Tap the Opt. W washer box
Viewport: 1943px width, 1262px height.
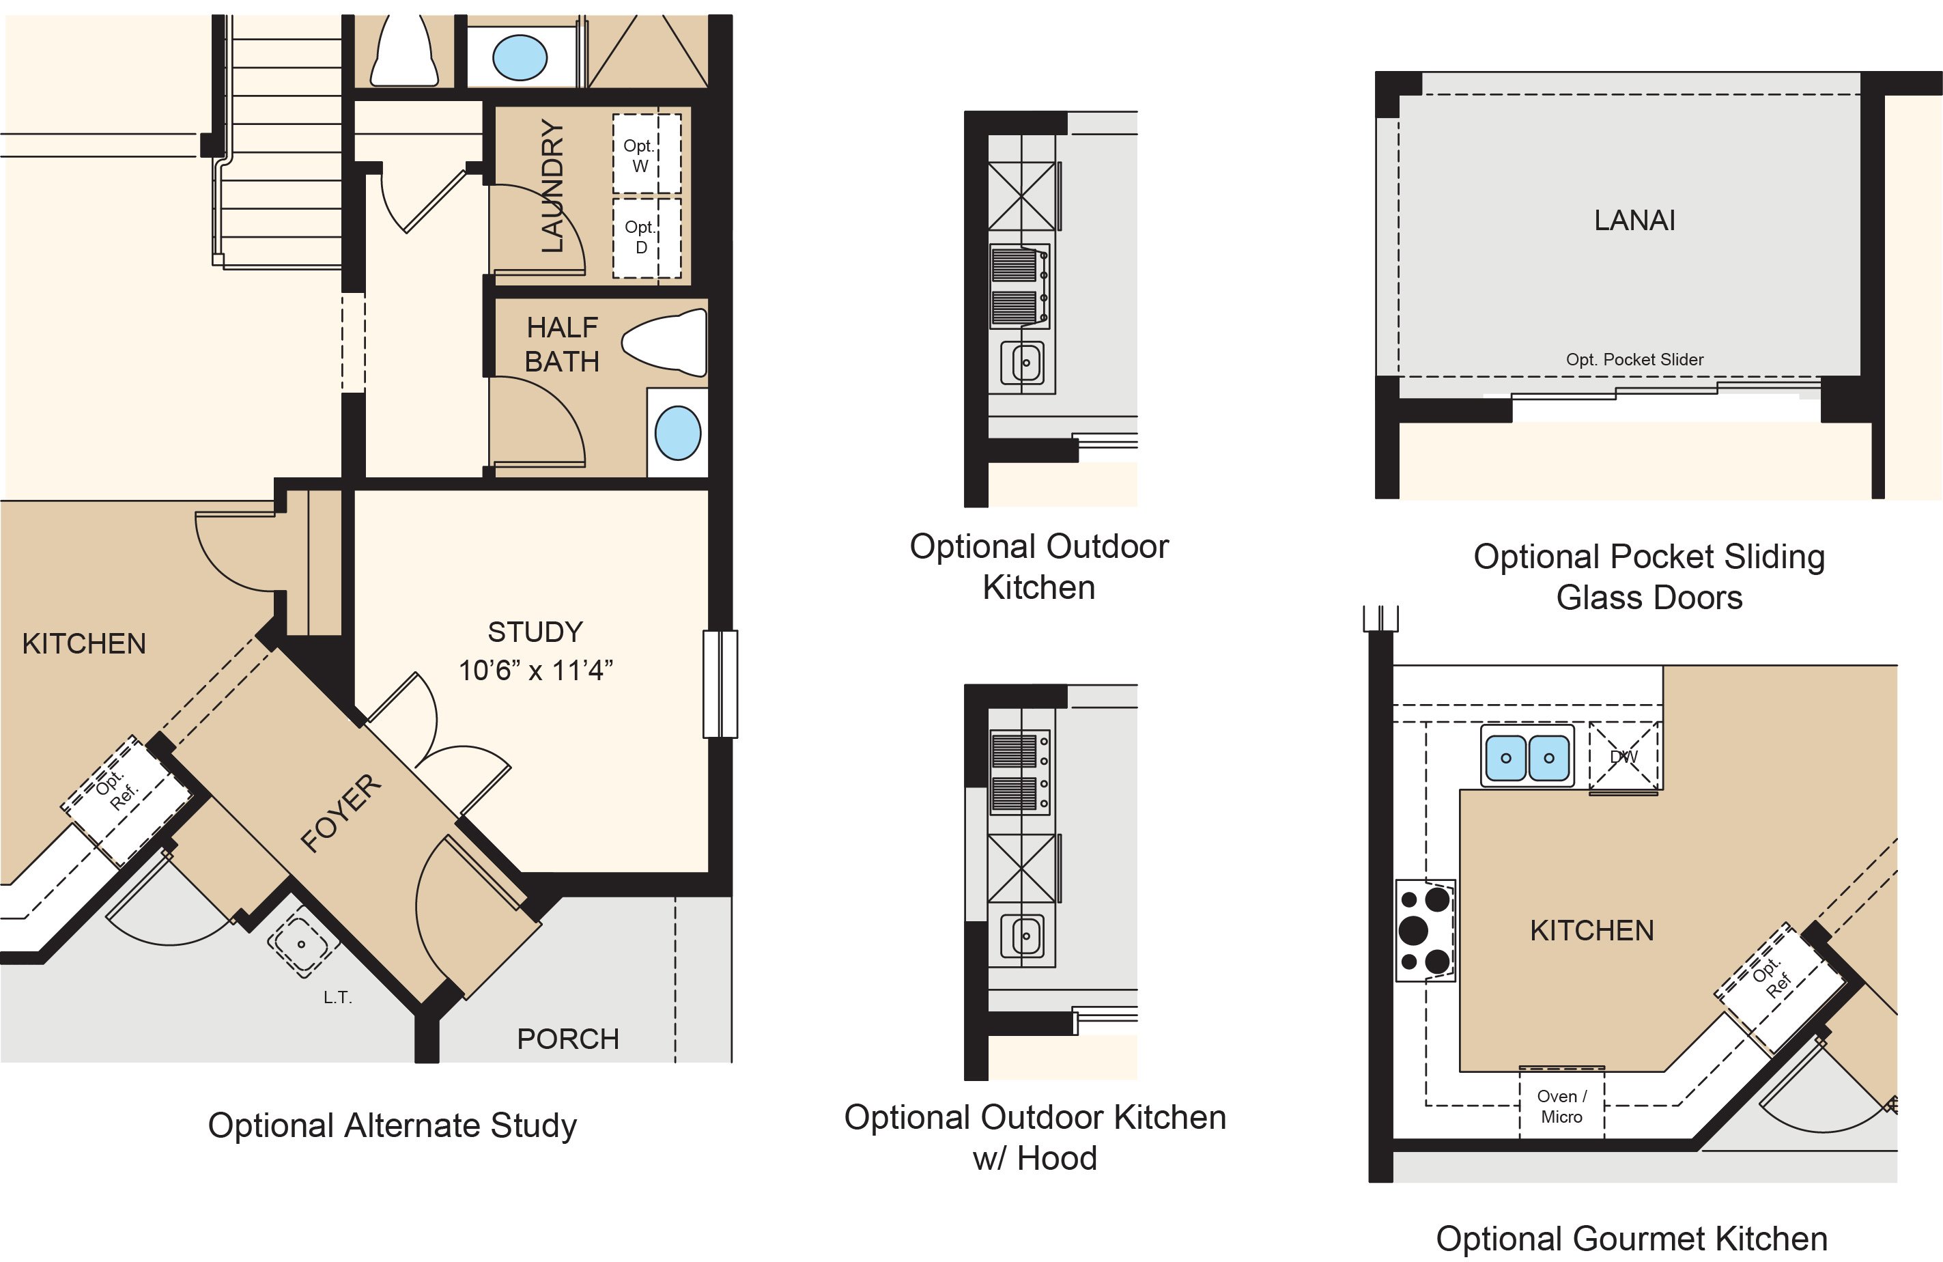tap(647, 154)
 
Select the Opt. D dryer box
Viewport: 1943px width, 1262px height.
tap(647, 237)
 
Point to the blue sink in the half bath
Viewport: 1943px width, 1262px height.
tap(678, 434)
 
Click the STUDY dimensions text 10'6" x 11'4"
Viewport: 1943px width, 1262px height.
tap(535, 671)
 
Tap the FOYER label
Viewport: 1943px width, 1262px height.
tap(341, 812)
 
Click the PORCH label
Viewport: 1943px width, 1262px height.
tap(568, 1039)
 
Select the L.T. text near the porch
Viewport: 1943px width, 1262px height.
tap(337, 997)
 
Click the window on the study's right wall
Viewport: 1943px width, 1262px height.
tap(720, 684)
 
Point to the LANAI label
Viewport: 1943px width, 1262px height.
tap(1634, 221)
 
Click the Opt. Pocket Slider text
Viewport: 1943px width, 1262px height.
tap(1634, 359)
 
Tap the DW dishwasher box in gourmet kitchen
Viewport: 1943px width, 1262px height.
tap(1623, 757)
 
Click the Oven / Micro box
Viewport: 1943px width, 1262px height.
tap(1562, 1107)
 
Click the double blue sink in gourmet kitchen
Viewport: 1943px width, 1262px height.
tap(1527, 757)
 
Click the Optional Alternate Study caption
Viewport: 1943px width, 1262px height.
tap(392, 1125)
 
